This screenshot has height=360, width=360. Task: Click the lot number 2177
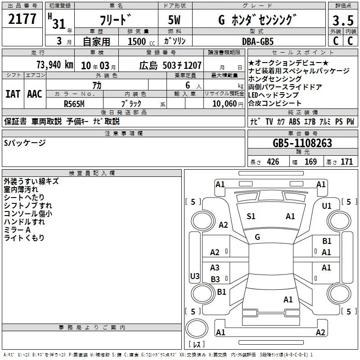point(22,19)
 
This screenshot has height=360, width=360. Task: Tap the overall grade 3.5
point(343,21)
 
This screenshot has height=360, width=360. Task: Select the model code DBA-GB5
point(258,41)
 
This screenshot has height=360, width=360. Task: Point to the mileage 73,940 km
point(55,65)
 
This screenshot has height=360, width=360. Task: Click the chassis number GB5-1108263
point(302,143)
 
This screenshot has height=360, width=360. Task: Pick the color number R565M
point(74,104)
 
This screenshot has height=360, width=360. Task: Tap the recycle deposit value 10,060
point(224,104)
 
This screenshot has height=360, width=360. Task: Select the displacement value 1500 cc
point(141,41)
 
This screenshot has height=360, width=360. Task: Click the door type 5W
point(174,20)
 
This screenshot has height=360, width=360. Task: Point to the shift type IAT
point(13,94)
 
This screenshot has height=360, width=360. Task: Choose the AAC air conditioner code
point(35,94)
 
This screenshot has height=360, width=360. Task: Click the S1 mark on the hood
point(251,216)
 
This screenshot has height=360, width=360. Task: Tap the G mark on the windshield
point(257,237)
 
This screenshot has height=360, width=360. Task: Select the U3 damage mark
point(195,276)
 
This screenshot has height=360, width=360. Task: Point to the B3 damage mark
point(215,279)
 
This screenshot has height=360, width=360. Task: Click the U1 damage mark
point(327,206)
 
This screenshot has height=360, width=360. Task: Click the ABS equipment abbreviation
point(294,121)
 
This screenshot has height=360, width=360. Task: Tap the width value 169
point(310,162)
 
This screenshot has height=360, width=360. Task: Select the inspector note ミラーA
point(17,230)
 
